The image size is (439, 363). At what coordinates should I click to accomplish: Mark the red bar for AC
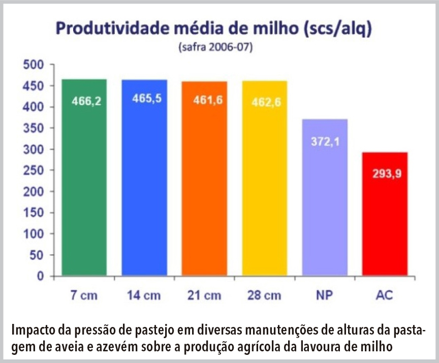click(x=385, y=228)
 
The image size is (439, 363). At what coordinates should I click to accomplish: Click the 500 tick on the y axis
click(x=35, y=65)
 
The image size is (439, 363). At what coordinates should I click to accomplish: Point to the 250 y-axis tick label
click(x=35, y=171)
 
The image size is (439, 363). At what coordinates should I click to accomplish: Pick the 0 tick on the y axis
click(x=42, y=277)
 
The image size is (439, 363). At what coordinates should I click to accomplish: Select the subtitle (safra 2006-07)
click(x=215, y=48)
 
